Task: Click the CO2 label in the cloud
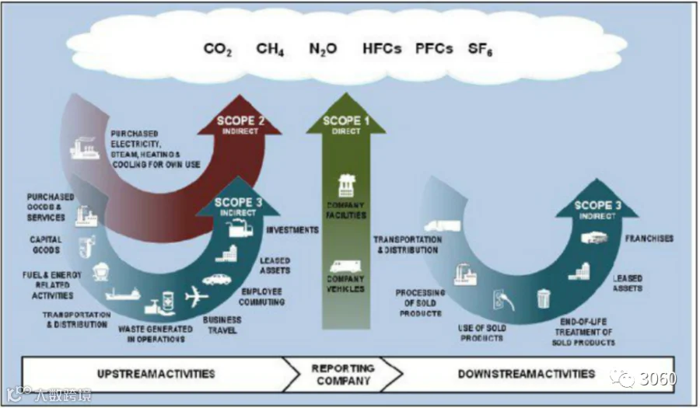pos(219,49)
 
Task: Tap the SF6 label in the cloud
pos(481,49)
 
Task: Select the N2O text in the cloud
pos(323,49)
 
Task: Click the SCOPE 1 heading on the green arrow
pos(342,121)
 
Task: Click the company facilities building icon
pos(345,187)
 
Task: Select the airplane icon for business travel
pos(198,296)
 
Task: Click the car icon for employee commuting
pos(217,279)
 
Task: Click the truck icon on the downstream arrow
pos(441,226)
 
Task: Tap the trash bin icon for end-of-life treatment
pos(543,298)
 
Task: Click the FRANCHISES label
pos(649,239)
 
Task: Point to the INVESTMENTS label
pos(292,230)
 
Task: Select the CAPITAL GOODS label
pos(46,245)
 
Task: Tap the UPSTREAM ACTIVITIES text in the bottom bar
pos(156,374)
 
